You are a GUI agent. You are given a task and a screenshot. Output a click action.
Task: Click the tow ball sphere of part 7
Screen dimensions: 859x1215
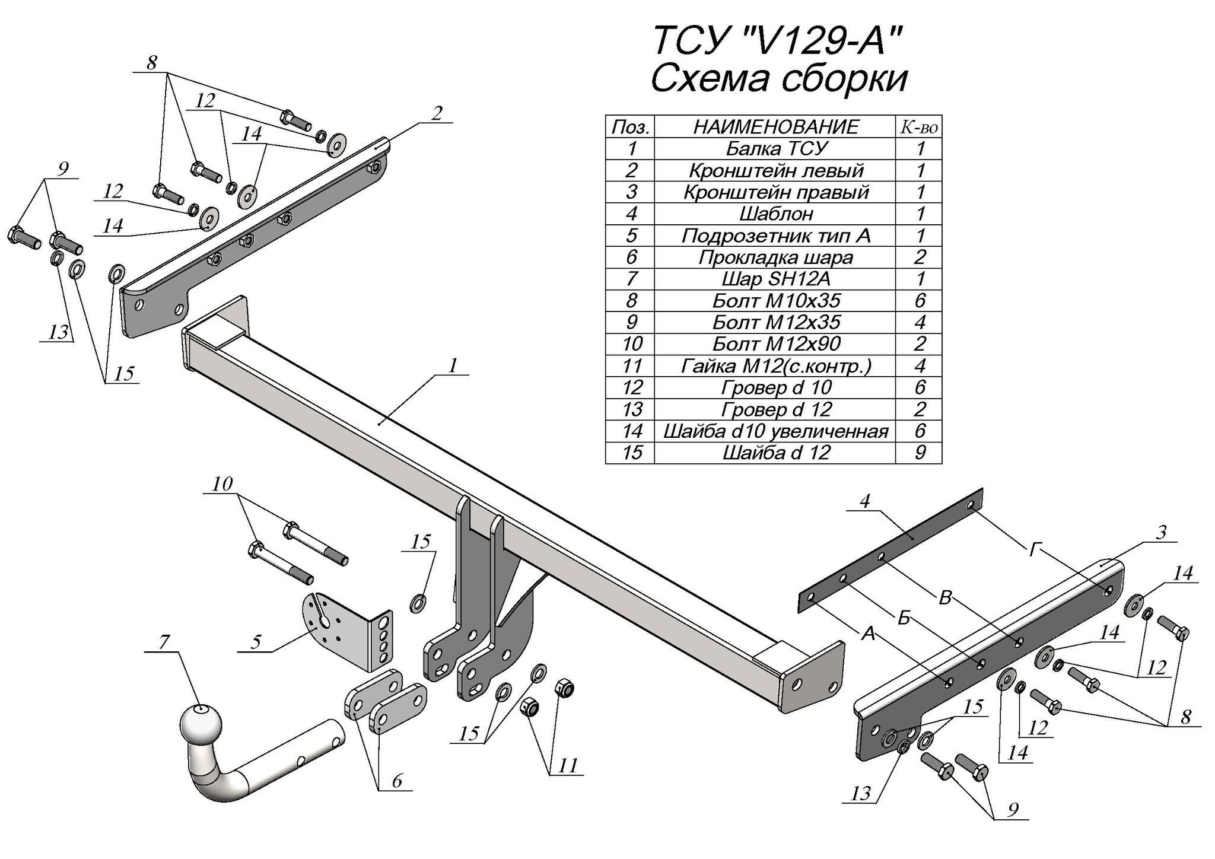tap(200, 723)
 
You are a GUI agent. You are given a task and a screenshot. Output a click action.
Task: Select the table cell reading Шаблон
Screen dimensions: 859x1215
tap(775, 214)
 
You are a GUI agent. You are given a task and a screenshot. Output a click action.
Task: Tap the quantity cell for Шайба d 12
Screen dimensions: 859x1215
tap(920, 453)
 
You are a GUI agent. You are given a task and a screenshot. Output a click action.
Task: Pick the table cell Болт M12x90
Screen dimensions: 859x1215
tap(775, 344)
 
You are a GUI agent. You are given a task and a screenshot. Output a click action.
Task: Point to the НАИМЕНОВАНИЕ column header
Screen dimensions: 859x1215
tap(775, 126)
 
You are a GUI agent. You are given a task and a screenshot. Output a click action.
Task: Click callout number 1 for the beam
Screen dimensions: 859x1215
tap(453, 366)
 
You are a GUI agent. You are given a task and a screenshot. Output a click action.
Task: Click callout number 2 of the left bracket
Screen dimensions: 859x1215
tap(437, 113)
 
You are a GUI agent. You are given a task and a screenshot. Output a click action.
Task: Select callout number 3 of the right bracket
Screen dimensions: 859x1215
tap(1161, 532)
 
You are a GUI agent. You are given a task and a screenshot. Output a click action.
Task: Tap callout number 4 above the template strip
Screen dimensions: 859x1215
tap(864, 501)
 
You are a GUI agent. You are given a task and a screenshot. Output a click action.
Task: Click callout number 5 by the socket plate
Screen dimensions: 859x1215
tap(256, 642)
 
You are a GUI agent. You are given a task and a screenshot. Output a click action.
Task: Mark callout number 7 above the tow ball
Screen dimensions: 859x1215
tap(164, 641)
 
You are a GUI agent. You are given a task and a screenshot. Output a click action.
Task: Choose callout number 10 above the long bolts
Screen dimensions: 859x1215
tap(222, 483)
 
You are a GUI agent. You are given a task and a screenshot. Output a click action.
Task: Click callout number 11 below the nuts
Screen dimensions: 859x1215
tap(568, 765)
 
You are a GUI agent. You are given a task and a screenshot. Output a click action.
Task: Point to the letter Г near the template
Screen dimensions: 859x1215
tap(1034, 551)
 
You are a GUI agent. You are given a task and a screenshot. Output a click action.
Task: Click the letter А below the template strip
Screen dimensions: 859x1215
tap(868, 634)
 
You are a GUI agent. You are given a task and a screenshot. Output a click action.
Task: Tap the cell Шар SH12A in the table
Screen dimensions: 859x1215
tap(775, 279)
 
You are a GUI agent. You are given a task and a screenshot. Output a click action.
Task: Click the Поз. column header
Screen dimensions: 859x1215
tap(630, 126)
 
